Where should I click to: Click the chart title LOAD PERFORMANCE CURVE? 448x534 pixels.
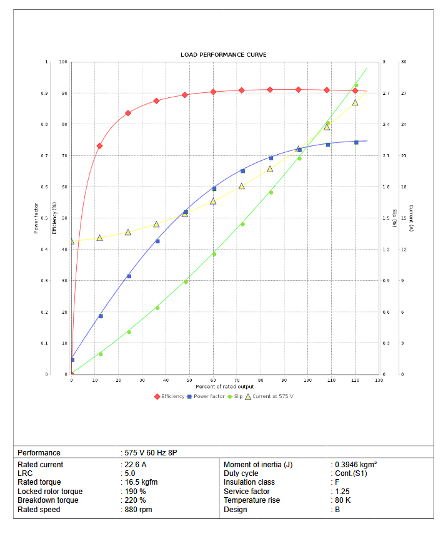[x=224, y=55]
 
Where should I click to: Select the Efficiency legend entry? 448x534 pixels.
[x=172, y=396]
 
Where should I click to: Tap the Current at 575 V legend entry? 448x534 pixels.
[x=269, y=396]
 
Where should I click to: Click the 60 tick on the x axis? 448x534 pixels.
[x=214, y=380]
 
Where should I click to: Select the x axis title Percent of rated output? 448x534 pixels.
[x=223, y=387]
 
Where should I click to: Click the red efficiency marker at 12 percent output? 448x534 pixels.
[x=99, y=146]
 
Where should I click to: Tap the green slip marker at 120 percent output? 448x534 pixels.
[x=356, y=85]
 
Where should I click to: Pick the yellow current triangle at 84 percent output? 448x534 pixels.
[x=270, y=169]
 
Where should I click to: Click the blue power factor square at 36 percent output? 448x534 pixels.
[x=157, y=241]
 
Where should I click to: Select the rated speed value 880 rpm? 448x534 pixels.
[x=138, y=510]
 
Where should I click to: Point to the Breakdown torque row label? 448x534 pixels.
[x=48, y=500]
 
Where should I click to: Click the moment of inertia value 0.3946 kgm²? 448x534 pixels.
[x=356, y=465]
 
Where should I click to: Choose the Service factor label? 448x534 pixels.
[x=247, y=492]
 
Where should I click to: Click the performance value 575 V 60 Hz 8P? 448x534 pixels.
[x=153, y=453]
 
